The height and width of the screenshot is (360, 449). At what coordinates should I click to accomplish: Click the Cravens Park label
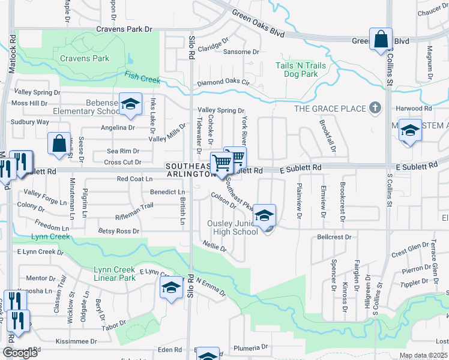point(85,58)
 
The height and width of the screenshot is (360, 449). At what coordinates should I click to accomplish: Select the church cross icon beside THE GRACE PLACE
point(376,108)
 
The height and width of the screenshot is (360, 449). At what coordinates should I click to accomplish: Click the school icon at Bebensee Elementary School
point(130,104)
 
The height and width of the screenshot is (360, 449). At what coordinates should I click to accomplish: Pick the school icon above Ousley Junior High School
point(264,216)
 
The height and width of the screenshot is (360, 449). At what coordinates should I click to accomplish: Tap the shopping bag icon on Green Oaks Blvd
point(381,40)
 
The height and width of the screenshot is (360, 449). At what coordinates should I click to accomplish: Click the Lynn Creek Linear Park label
point(115,274)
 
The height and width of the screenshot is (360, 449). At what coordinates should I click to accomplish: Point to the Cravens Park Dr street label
point(124,29)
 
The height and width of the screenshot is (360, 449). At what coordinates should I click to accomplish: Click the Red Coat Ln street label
point(135,179)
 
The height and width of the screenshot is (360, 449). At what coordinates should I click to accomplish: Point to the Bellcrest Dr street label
point(334,237)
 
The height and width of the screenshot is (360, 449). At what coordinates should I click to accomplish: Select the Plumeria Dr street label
point(252,347)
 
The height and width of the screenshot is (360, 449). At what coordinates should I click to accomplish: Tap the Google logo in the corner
point(20,353)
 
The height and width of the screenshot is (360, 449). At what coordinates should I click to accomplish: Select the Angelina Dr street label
point(118,127)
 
